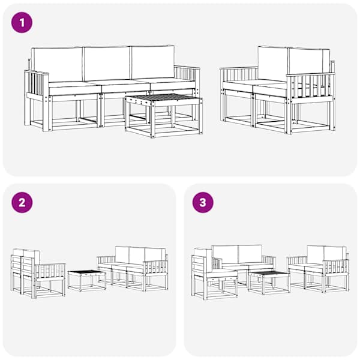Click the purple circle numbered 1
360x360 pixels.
coord(22,23)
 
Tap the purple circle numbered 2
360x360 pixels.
coord(22,203)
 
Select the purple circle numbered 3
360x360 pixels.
coord(203,203)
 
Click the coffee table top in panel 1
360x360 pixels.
coord(164,98)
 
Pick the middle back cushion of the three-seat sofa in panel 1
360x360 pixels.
coord(107,64)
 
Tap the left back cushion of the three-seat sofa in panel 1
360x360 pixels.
coord(58,64)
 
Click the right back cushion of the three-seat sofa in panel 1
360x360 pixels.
coord(152,62)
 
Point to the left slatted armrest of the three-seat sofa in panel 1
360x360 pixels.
coord(37,84)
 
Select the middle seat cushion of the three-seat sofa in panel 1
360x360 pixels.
coord(125,87)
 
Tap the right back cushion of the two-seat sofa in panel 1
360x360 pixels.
coord(308,62)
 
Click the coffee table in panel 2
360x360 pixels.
coord(87,281)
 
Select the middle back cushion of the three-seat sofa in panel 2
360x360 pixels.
coord(137,255)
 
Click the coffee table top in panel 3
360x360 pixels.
coord(269,274)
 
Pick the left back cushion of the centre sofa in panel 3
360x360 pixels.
coord(225,254)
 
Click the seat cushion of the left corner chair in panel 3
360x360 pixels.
coord(222,274)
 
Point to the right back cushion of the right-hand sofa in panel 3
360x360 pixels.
coord(335,254)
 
